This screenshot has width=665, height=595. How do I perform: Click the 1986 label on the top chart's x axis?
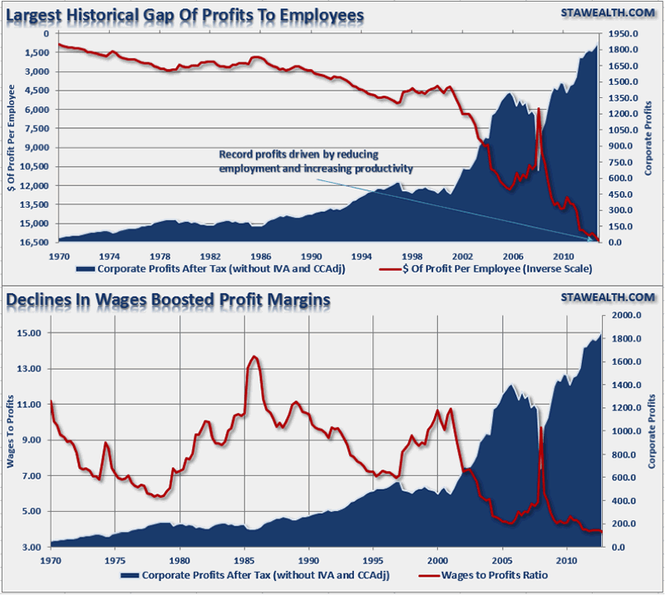(x=261, y=255)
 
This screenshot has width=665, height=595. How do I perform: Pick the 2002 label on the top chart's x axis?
(x=463, y=255)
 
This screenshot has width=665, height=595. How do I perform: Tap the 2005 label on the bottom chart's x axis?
(x=502, y=560)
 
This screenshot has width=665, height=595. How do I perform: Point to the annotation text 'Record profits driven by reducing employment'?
(x=316, y=161)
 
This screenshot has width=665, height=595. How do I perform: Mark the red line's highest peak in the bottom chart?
(x=254, y=357)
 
